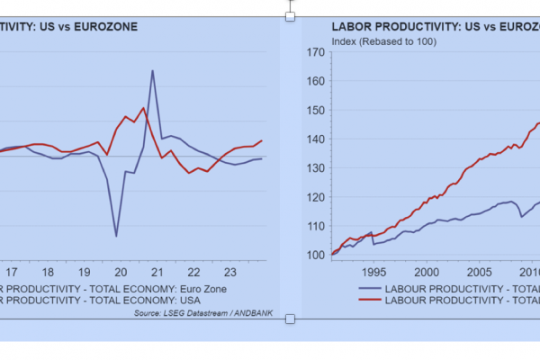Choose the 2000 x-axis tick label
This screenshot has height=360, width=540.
pos(426,271)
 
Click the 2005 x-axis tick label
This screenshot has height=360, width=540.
pos(479,271)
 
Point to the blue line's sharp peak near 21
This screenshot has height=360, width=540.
pos(152,70)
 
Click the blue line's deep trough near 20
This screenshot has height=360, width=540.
pos(116,236)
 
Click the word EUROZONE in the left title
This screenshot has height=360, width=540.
pos(106,28)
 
